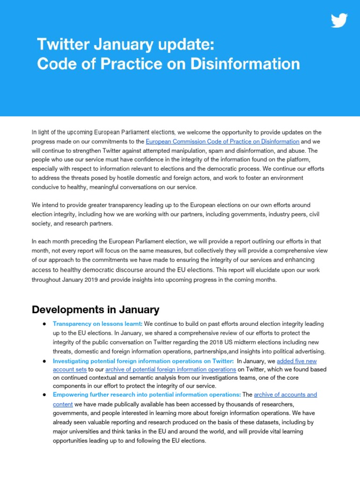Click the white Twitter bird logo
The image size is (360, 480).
tap(340, 21)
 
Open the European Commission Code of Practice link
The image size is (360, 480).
tap(222, 141)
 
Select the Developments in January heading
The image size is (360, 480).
tap(95, 310)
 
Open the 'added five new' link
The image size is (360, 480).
tap(297, 361)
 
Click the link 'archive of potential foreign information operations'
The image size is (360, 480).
tap(171, 369)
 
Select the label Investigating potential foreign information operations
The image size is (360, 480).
tap(143, 361)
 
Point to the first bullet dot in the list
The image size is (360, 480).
tap(43, 324)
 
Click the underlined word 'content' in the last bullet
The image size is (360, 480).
tap(63, 404)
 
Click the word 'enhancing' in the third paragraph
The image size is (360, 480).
tap(300, 260)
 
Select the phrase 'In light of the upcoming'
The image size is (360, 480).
tap(61, 133)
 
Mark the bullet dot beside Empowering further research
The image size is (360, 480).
tap(43, 395)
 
